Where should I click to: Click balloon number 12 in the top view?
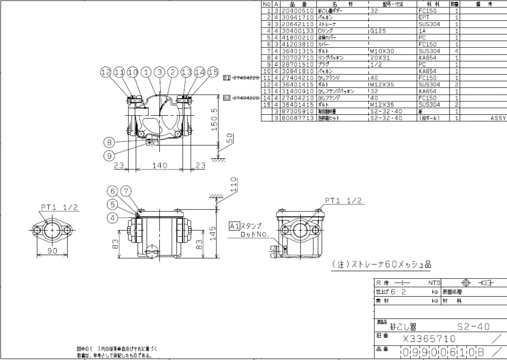point(106,72)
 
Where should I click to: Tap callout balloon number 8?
point(110,142)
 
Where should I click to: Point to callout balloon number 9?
point(110,156)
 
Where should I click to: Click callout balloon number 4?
point(112,218)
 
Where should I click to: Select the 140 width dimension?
point(159,165)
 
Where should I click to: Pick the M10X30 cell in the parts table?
point(382,50)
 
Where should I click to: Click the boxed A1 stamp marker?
point(234,226)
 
